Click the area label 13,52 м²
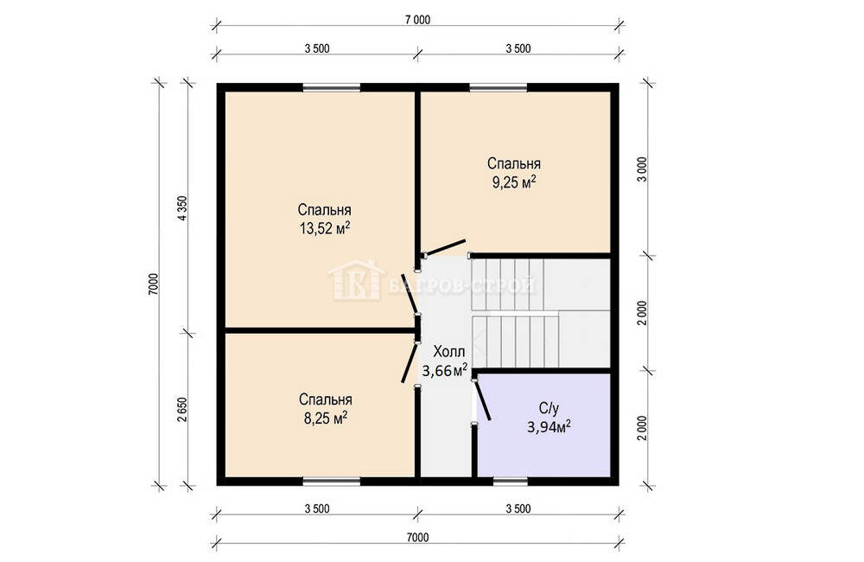coord(325,227)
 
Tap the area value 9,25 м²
coord(514,182)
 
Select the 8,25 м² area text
coord(326,418)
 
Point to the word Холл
coord(449,351)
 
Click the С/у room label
coord(549,409)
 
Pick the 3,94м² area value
coord(549,427)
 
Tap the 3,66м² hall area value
coord(445,371)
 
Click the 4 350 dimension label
coord(182,208)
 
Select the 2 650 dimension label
coord(182,410)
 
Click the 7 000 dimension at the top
coord(417,21)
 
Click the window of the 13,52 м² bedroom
coord(331,87)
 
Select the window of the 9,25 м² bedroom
coord(499,87)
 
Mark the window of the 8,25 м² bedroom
coord(332,482)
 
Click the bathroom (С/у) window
coord(511,482)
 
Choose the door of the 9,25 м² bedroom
coord(445,247)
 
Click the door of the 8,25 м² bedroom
coord(410,362)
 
